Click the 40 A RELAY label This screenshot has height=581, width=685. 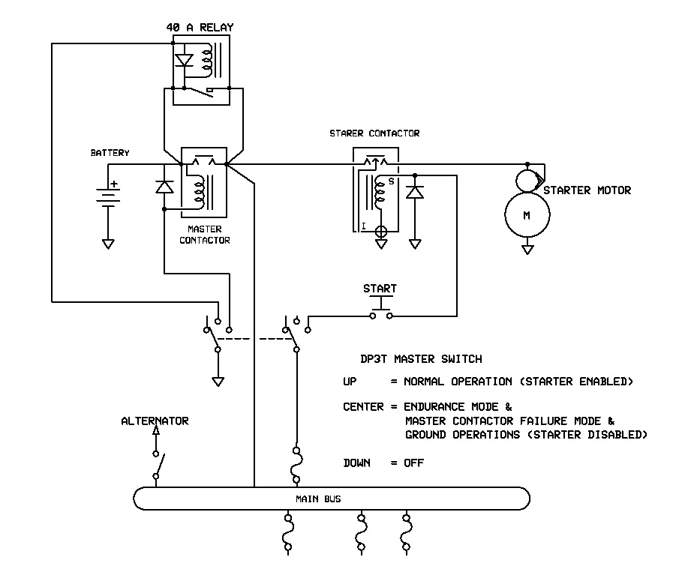[x=200, y=28]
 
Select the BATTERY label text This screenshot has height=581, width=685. [x=110, y=153]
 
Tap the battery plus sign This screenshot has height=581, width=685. [x=115, y=184]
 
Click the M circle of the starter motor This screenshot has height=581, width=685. [x=527, y=215]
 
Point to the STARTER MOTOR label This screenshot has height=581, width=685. [x=587, y=190]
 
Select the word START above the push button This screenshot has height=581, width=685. [x=380, y=289]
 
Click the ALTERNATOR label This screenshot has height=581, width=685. [x=155, y=421]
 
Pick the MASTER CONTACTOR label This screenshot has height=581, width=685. [x=205, y=235]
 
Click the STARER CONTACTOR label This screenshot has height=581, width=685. [x=374, y=133]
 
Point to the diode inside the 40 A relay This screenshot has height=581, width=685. [x=184, y=59]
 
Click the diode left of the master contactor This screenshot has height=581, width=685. [x=164, y=187]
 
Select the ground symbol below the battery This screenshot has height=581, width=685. [x=108, y=243]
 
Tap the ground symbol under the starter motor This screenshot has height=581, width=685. [x=527, y=249]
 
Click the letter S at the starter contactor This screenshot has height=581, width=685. [x=391, y=180]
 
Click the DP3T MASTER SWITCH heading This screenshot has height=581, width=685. [x=421, y=359]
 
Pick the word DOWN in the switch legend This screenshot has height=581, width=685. [x=357, y=463]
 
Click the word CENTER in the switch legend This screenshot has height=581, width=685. [x=363, y=407]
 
